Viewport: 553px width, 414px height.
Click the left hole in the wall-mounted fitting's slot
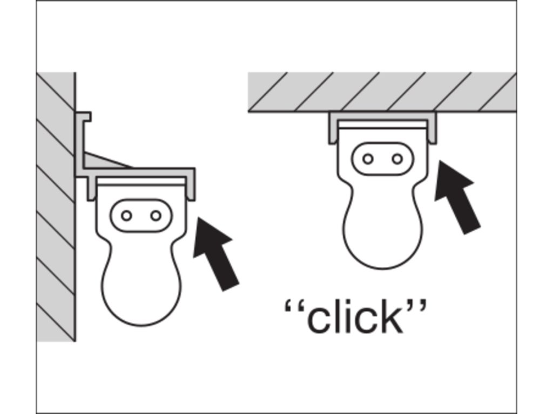pyautogui.click(x=126, y=216)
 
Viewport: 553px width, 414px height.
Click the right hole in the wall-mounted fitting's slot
pyautogui.click(x=156, y=216)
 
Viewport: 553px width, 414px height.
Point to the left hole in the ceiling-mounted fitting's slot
pyautogui.click(x=368, y=159)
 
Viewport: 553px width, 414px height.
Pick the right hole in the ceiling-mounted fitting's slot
pyautogui.click(x=397, y=159)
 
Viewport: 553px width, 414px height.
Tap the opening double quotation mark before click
pyautogui.click(x=293, y=309)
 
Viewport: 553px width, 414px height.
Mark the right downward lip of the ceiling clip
pyautogui.click(x=433, y=129)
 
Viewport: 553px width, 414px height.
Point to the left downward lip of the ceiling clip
pyautogui.click(x=332, y=129)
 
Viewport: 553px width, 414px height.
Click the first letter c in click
pyautogui.click(x=317, y=320)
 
